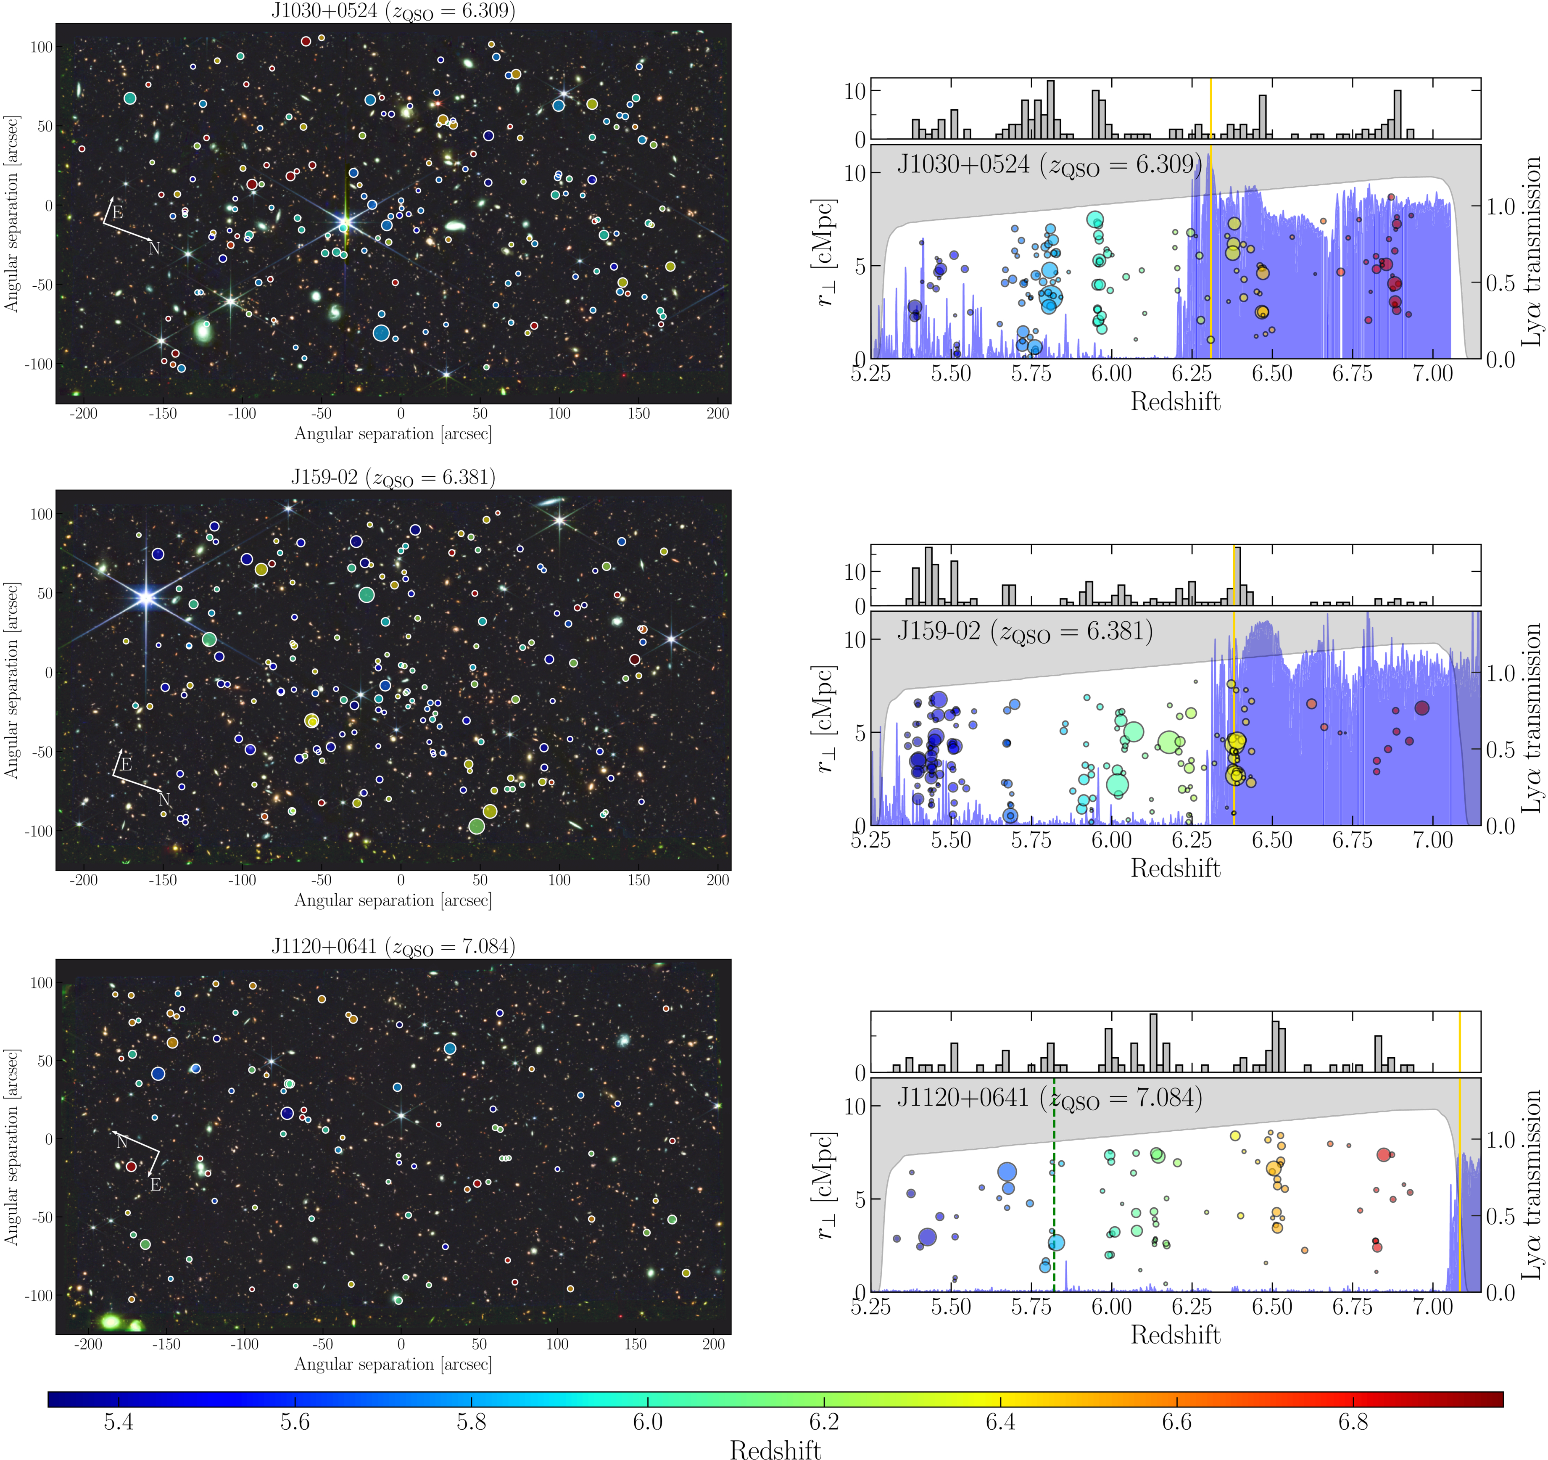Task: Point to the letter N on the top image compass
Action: point(154,248)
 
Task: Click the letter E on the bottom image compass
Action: point(156,1184)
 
